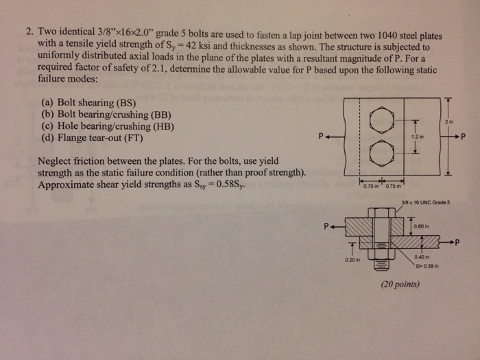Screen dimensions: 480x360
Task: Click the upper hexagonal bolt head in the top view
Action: [x=382, y=120]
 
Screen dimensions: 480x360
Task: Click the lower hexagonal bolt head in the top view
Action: [x=382, y=153]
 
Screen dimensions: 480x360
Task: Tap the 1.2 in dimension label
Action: [x=418, y=136]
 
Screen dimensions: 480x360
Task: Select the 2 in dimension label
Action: [x=449, y=122]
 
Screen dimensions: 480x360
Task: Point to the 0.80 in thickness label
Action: [x=422, y=226]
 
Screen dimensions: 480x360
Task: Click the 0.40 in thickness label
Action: [x=422, y=257]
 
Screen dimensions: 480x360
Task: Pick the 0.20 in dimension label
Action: [x=352, y=260]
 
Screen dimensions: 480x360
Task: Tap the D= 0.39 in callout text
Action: [x=427, y=266]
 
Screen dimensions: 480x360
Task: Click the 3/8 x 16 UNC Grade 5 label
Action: [x=426, y=202]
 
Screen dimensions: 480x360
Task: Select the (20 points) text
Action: [x=400, y=285]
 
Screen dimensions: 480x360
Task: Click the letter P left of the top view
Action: [x=320, y=136]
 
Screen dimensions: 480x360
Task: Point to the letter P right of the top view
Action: [x=463, y=136]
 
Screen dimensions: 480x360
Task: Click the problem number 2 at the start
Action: [x=30, y=32]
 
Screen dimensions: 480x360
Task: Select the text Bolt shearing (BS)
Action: [x=97, y=102]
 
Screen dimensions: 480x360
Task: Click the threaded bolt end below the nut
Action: [x=381, y=264]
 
